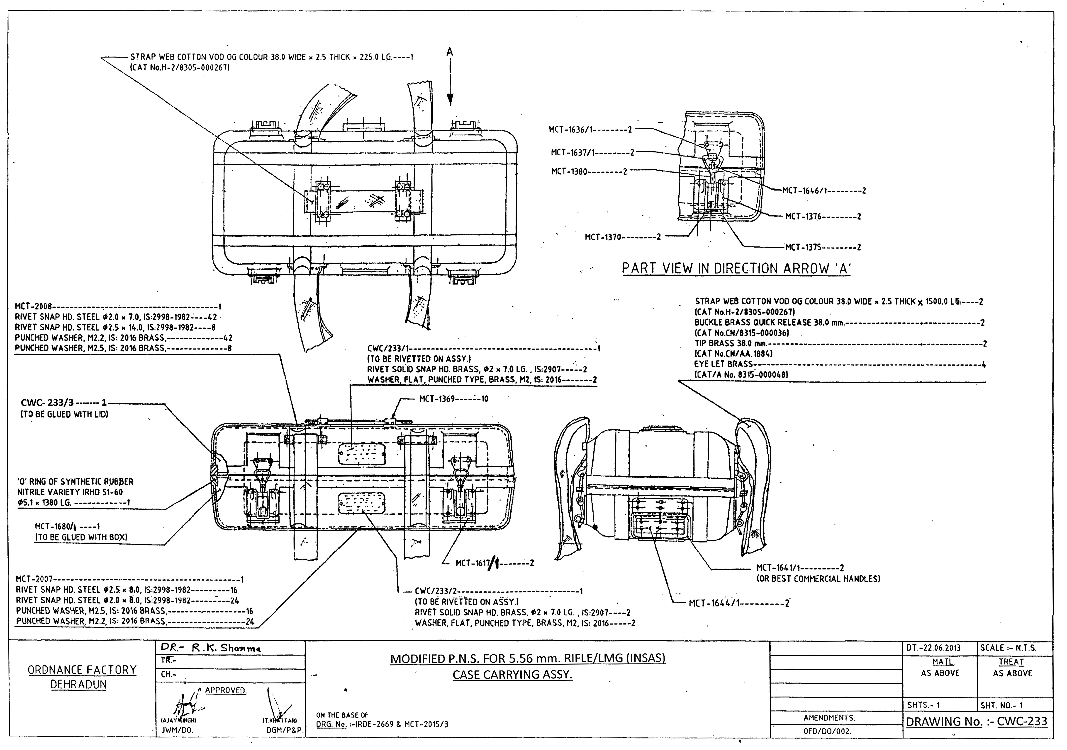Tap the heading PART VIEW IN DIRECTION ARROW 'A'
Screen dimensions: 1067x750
click(x=736, y=268)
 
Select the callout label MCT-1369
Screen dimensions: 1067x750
click(x=437, y=398)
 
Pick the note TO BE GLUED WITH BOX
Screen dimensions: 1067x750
click(x=81, y=537)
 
